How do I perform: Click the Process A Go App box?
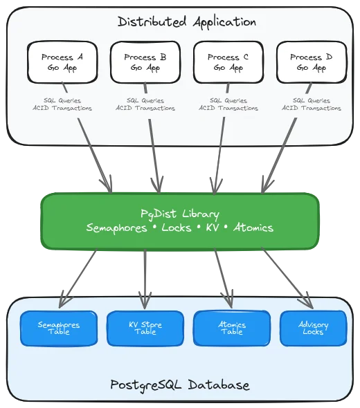point(62,62)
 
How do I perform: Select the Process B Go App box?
point(145,62)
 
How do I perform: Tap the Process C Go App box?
point(228,62)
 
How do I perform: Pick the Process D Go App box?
point(311,62)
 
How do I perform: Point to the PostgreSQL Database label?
point(180,384)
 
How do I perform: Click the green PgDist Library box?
point(180,221)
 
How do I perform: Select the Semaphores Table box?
point(58,328)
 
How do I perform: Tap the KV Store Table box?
point(145,328)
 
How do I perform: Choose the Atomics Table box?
point(231,328)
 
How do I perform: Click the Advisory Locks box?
point(313,328)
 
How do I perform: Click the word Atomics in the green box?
point(253,228)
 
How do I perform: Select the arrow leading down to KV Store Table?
point(144,277)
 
